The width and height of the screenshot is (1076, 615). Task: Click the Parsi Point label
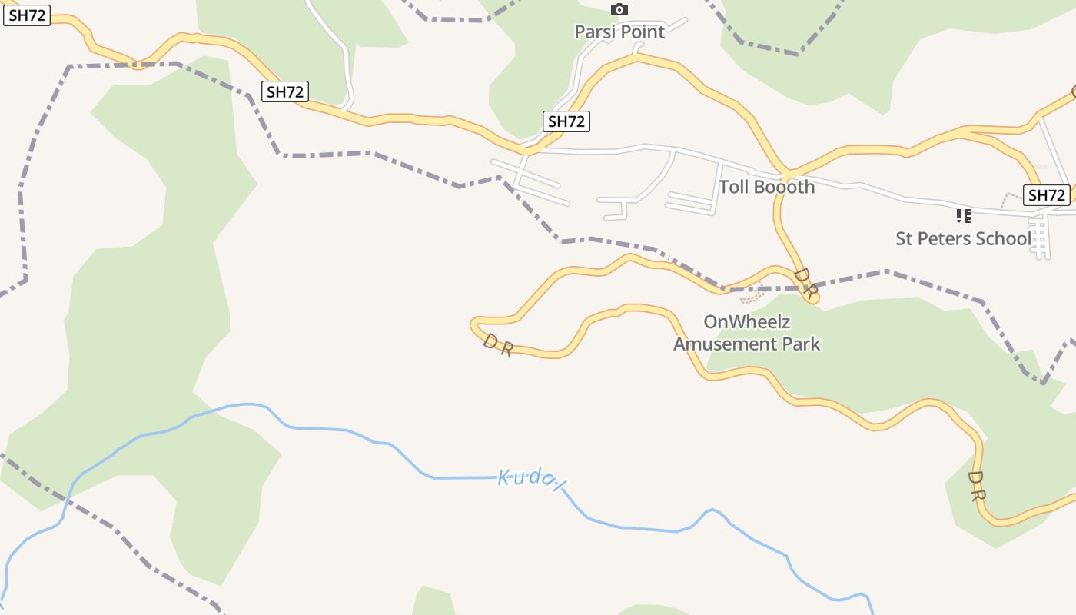619,32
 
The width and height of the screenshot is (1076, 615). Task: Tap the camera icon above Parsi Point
619,10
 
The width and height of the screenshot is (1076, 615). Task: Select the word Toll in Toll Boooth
733,187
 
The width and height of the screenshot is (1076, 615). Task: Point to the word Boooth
784,187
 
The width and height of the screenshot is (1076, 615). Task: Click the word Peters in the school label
950,238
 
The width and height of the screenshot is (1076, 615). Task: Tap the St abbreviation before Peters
905,238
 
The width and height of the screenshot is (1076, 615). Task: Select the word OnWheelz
747,322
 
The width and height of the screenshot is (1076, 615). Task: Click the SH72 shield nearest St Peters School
1047,195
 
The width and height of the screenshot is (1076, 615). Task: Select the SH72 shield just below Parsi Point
566,121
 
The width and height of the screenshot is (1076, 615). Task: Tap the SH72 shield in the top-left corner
28,15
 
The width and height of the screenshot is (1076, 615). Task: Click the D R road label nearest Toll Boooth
805,282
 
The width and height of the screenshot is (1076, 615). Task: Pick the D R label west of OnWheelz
497,345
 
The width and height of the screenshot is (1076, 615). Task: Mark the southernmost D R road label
976,487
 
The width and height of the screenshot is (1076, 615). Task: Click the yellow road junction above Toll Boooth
789,170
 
